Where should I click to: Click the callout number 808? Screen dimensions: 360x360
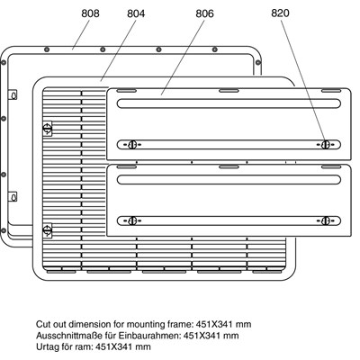coord(90,13)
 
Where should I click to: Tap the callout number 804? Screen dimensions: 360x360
coord(136,13)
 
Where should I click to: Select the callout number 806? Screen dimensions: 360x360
coord(204,13)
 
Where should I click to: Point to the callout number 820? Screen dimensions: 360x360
coord(280,13)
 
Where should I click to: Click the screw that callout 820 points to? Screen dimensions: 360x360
coord(325,145)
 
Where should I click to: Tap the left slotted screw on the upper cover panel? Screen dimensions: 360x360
coord(132,145)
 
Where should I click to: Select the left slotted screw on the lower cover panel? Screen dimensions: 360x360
coord(132,221)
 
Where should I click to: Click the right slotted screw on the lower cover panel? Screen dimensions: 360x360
coord(325,221)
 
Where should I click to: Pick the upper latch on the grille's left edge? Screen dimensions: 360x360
coord(48,129)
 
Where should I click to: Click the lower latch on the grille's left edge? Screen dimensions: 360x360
coord(48,230)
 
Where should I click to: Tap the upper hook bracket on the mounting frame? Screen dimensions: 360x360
coord(13,94)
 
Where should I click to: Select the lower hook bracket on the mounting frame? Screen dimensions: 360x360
coord(13,197)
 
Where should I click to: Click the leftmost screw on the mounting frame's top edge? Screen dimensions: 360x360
coord(47,49)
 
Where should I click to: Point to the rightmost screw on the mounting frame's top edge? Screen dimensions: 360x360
coord(215,49)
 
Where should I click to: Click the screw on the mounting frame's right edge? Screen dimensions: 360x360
coord(258,63)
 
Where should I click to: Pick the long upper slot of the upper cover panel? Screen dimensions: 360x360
coord(229,103)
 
